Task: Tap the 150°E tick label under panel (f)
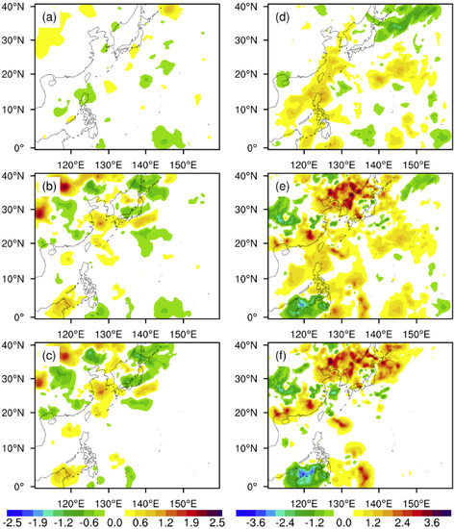[415, 501]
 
